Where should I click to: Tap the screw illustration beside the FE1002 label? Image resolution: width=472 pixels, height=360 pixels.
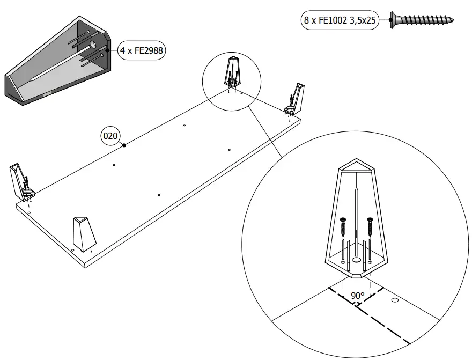pyautogui.click(x=422, y=20)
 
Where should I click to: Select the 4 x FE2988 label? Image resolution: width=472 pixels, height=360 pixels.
pyautogui.click(x=142, y=51)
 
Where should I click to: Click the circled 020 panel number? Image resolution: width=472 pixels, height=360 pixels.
pyautogui.click(x=110, y=136)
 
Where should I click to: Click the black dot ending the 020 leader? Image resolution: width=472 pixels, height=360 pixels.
pyautogui.click(x=124, y=145)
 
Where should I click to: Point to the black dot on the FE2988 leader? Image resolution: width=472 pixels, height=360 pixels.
pyautogui.click(x=108, y=50)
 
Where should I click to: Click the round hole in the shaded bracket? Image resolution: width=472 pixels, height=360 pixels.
pyautogui.click(x=92, y=46)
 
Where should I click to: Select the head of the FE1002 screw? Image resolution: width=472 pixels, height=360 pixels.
pyautogui.click(x=394, y=20)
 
